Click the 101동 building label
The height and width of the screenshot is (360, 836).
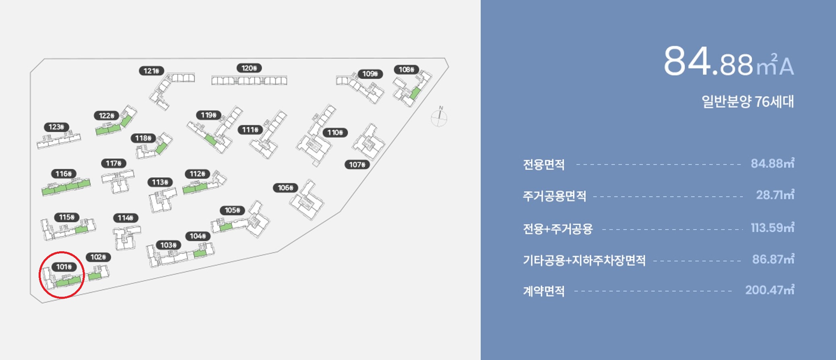64,267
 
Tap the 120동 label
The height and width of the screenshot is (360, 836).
249,68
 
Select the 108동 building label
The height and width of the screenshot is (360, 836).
406,70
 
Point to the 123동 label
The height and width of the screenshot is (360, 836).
56,127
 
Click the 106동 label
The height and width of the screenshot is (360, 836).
285,188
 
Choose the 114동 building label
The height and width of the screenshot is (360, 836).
125,218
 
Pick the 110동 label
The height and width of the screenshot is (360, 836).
335,132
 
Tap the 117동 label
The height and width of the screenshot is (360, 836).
114,163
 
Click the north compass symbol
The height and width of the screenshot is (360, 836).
439,117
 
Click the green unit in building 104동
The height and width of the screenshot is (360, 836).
200,254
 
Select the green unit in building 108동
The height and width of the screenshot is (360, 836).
415,93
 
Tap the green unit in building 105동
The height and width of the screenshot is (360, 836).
226,227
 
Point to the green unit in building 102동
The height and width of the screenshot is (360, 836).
95,276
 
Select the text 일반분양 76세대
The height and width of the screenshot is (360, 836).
747,101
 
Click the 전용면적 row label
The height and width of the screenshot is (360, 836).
543,164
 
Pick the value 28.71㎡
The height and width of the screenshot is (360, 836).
775,195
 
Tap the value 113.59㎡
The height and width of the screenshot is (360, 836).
772,228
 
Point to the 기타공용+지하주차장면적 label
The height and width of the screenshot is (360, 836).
584,261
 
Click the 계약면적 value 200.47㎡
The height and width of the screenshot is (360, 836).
769,290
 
